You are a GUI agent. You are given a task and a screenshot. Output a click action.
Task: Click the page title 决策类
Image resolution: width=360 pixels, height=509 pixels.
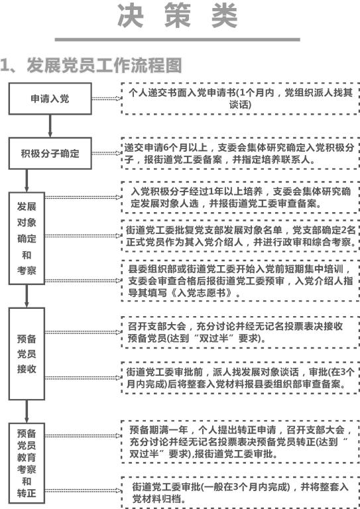coord(177,16)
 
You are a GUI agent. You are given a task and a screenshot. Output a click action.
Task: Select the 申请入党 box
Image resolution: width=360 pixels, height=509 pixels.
coord(50,99)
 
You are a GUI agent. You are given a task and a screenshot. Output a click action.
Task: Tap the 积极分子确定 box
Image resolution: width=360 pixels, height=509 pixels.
coord(50,153)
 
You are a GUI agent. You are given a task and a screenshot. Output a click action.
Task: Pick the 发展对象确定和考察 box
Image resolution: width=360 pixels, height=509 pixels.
coord(27,239)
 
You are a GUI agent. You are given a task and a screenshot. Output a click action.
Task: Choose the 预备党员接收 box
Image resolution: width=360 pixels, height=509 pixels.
coord(27,354)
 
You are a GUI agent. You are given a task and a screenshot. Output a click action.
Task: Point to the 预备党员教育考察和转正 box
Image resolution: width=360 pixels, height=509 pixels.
coord(27,463)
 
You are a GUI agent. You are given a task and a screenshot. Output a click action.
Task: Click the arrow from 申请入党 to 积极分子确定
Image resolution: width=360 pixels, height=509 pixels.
coord(50,126)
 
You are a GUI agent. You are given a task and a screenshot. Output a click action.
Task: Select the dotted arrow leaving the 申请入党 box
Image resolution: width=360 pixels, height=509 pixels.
coord(107,99)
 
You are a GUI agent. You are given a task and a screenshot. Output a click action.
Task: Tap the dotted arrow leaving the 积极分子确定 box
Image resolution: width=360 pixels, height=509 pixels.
coord(107,153)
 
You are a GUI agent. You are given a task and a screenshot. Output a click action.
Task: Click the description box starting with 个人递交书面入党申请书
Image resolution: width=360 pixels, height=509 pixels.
coord(240,99)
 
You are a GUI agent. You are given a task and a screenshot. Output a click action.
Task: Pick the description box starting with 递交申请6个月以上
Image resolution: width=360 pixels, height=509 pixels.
coord(240,153)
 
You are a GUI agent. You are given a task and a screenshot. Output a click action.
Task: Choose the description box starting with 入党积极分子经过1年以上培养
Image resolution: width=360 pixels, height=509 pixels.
coord(240,198)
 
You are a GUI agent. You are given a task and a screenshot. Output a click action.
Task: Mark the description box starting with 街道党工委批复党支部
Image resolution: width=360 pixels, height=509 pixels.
coord(240,236)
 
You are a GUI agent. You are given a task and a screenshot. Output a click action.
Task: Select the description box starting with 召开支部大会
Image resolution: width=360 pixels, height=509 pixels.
coord(240,332)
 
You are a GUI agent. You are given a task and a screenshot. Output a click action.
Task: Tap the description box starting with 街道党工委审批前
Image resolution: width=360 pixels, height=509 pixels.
coord(240,378)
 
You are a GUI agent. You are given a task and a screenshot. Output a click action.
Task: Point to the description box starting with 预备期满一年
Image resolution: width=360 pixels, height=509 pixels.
coord(240,441)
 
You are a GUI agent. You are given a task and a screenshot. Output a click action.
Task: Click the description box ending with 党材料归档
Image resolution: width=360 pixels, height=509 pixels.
coord(240,492)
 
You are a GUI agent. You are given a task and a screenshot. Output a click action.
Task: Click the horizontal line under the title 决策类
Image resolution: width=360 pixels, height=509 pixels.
coord(177,40)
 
